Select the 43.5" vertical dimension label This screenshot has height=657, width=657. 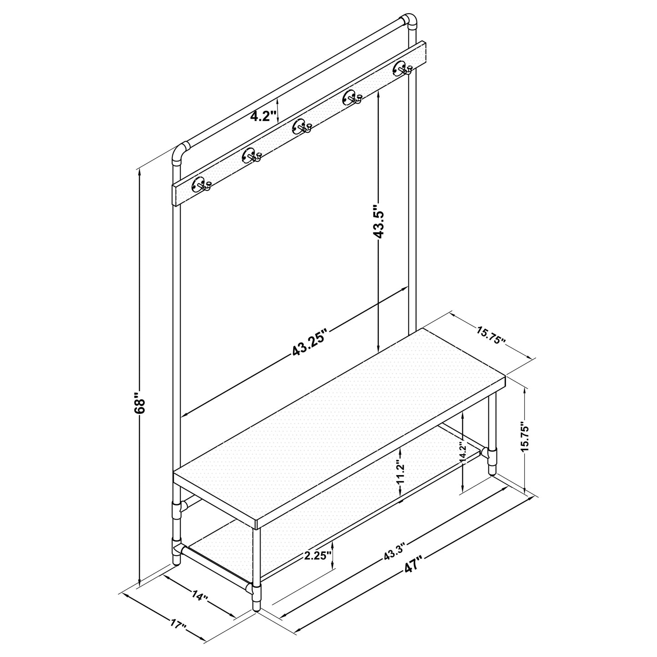point(378,221)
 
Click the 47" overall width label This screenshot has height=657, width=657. point(413,568)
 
